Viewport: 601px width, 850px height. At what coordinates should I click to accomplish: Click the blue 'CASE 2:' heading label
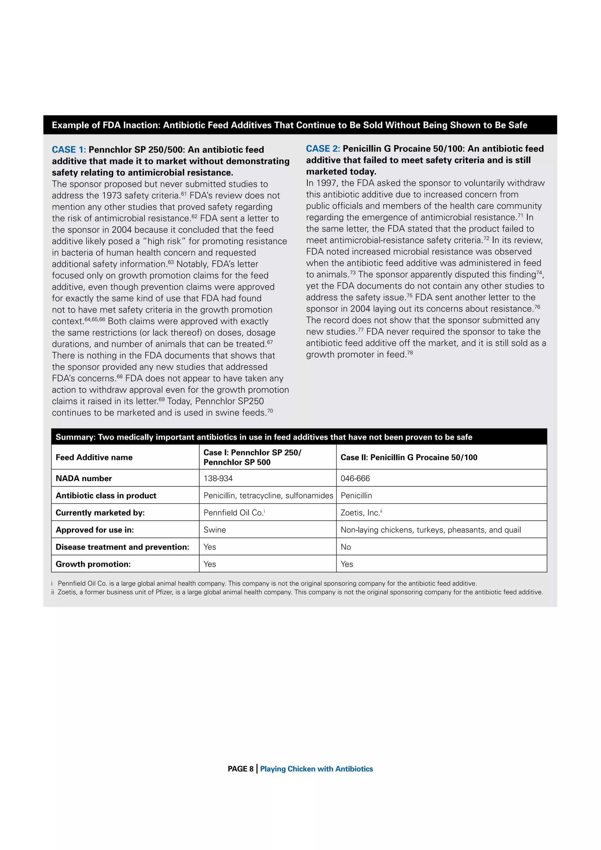[x=323, y=149]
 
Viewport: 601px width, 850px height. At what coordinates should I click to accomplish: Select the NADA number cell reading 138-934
[x=218, y=478]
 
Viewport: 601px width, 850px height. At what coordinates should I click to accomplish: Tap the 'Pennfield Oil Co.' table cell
[x=233, y=513]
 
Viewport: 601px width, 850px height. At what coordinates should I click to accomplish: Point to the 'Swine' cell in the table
[x=215, y=530]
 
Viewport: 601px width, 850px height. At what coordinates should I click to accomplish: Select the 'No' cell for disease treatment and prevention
[x=346, y=547]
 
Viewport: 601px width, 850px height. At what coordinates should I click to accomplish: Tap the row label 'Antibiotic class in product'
[x=106, y=496]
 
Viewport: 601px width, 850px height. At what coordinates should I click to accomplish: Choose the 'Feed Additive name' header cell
[x=94, y=457]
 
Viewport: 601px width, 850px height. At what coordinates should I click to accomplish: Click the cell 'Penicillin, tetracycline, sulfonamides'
[x=268, y=496]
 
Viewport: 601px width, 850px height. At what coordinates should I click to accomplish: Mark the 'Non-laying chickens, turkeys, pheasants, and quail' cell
[x=431, y=530]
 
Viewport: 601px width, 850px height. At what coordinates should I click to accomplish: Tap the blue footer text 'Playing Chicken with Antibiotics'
[x=316, y=769]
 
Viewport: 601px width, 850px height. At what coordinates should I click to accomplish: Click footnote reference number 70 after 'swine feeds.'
[x=270, y=411]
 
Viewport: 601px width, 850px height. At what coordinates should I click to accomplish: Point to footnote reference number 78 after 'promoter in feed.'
[x=410, y=353]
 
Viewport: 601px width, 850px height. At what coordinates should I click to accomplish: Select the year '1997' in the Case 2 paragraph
[x=325, y=183]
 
